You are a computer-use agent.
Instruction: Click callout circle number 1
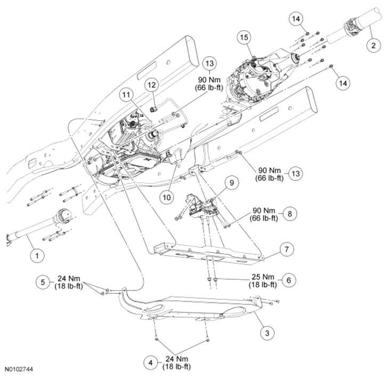[37, 256]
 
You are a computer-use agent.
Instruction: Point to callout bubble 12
[151, 84]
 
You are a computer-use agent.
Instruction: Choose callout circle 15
[244, 38]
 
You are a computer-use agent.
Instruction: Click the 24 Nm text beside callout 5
[68, 278]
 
